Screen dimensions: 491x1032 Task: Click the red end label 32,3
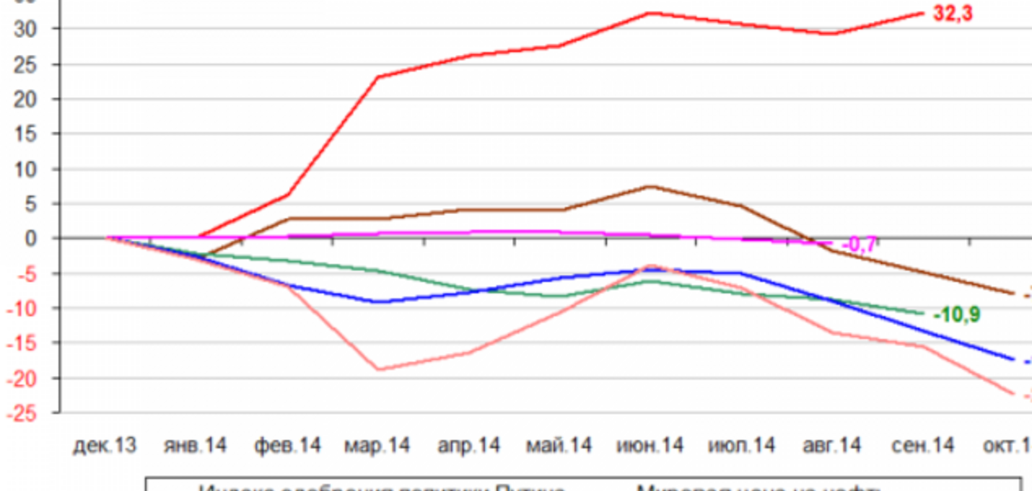pyautogui.click(x=952, y=13)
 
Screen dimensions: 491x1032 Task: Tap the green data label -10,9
pyautogui.click(x=957, y=315)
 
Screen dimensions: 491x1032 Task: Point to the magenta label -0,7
pyautogui.click(x=858, y=244)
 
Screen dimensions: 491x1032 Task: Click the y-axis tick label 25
pyautogui.click(x=25, y=65)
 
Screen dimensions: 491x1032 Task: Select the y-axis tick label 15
pyautogui.click(x=25, y=134)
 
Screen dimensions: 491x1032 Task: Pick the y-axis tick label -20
pyautogui.click(x=21, y=379)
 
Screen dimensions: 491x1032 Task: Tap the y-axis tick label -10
pyautogui.click(x=21, y=309)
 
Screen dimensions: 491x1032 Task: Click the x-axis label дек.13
pyautogui.click(x=105, y=445)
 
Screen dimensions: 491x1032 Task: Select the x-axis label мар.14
pyautogui.click(x=377, y=445)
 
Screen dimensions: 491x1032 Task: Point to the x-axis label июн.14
pyautogui.click(x=650, y=445)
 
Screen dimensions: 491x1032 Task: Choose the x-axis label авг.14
pyautogui.click(x=832, y=445)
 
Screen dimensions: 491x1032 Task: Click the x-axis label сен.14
pyautogui.click(x=923, y=445)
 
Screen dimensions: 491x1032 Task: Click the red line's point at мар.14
pyautogui.click(x=378, y=77)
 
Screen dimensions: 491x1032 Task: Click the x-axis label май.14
pyautogui.click(x=558, y=445)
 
